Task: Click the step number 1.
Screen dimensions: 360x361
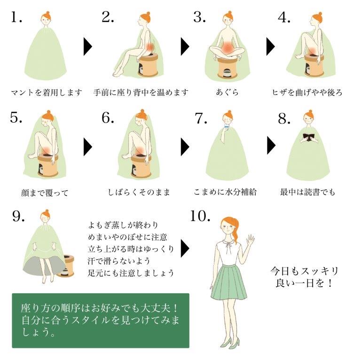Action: (16, 17)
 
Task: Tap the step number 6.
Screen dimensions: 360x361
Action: (108, 118)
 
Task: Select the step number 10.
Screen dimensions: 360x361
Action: (200, 216)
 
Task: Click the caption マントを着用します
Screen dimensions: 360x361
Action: (47, 93)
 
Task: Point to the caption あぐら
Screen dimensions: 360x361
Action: (227, 92)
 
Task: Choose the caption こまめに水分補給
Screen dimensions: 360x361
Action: (225, 192)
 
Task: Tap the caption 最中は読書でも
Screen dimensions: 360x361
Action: (307, 192)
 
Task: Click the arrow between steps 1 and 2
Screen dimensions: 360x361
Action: (88, 47)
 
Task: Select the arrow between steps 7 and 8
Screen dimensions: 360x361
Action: (271, 145)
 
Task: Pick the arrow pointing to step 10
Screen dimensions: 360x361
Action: (185, 248)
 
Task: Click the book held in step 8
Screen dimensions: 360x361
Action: (308, 138)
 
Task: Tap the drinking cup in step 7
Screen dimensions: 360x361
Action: (227, 127)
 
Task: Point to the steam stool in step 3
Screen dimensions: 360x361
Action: (227, 68)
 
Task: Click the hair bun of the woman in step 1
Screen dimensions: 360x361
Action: (47, 13)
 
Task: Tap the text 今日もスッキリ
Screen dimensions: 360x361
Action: (304, 271)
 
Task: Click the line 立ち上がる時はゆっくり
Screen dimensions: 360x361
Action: (131, 249)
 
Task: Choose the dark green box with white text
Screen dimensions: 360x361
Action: (101, 321)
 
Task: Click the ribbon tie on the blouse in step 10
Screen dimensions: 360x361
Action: (228, 247)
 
